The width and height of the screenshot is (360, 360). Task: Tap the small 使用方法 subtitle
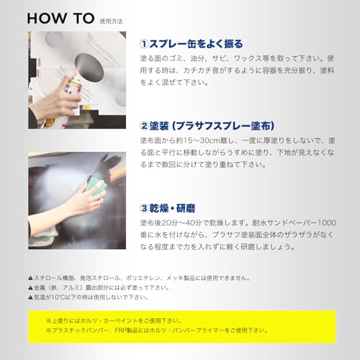point(113,21)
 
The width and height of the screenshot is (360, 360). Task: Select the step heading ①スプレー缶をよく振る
point(191,42)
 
